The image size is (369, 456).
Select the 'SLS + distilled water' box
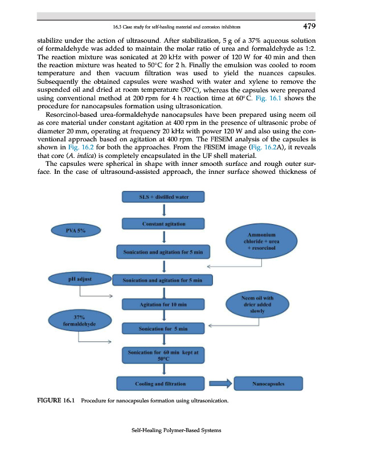pyautogui.click(x=163, y=197)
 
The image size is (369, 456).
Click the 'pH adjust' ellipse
pyautogui.click(x=80, y=279)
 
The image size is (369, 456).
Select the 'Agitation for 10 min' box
pyautogui.click(x=163, y=305)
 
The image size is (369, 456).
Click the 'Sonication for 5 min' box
pyautogui.click(x=163, y=329)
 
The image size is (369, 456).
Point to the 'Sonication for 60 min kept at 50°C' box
pyautogui.click(x=163, y=356)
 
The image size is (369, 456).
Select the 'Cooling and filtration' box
pyautogui.click(x=163, y=384)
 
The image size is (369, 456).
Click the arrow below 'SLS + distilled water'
pyautogui.click(x=164, y=210)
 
